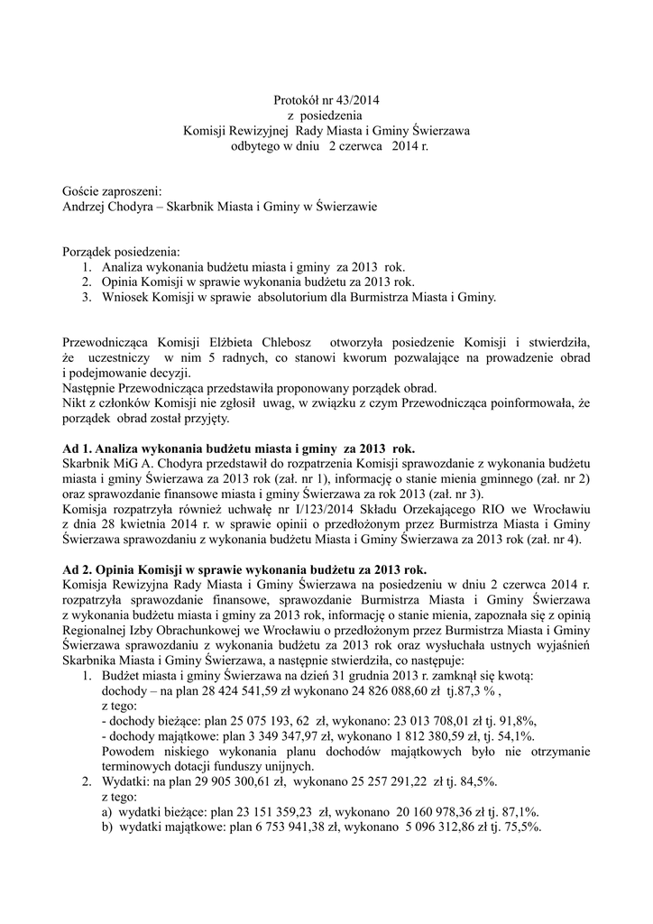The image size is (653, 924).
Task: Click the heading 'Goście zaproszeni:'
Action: point(112,191)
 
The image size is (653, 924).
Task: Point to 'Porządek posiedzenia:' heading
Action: point(122,250)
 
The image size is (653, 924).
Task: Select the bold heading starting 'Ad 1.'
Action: point(239,448)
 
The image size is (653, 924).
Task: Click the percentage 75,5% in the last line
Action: point(522,827)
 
